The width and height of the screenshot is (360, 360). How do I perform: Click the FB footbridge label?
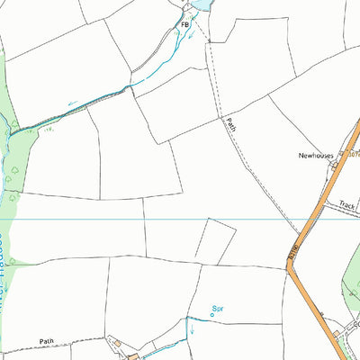point(186,25)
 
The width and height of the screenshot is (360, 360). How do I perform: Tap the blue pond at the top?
point(200,4)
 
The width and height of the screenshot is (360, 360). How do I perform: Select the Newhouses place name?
point(317,155)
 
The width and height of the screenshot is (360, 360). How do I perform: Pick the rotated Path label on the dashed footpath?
point(230,127)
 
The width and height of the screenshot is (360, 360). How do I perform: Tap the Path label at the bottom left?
point(48,342)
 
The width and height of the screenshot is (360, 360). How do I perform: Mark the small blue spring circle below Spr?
point(212,315)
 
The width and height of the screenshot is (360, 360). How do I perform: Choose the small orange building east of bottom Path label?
point(132,355)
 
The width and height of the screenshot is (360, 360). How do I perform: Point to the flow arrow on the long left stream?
point(71,103)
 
